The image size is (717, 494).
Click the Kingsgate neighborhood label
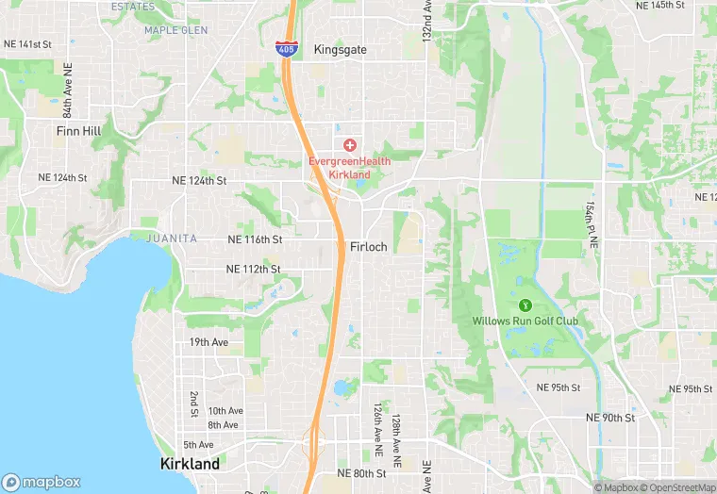point(340,49)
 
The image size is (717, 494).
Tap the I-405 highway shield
point(285,47)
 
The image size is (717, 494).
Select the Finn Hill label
point(78,131)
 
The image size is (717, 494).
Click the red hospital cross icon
point(350,144)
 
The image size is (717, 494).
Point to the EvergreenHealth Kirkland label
point(345,167)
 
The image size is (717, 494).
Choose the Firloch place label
point(368,246)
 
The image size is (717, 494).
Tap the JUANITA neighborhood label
point(172,239)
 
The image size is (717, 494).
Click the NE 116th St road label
point(254,239)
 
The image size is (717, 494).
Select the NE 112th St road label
point(253,269)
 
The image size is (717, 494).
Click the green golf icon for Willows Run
point(525,305)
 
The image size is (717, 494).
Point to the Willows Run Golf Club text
point(525,321)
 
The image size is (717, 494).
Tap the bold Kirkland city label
point(190,464)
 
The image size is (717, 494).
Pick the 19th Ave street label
point(208,342)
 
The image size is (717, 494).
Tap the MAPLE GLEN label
point(175,30)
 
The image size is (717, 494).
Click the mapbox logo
point(42,482)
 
